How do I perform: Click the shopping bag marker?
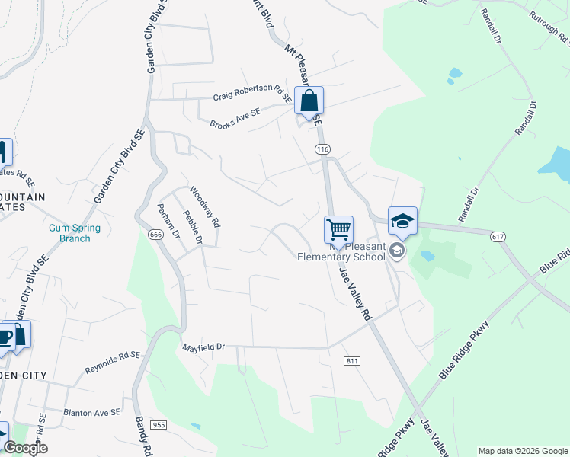coord(309,101)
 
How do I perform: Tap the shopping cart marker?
coord(338,229)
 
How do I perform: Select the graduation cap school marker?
coord(402,222)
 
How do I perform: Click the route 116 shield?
coord(323,149)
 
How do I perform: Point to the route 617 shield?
coord(498,237)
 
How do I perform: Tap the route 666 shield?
coord(155,235)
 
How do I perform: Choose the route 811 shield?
coord(351,360)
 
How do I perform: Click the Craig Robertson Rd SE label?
coord(251,91)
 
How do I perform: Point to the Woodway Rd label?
coord(204,208)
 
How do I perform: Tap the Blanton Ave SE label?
coord(92,412)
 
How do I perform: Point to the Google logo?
coord(25,448)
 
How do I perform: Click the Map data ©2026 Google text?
coord(522,451)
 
